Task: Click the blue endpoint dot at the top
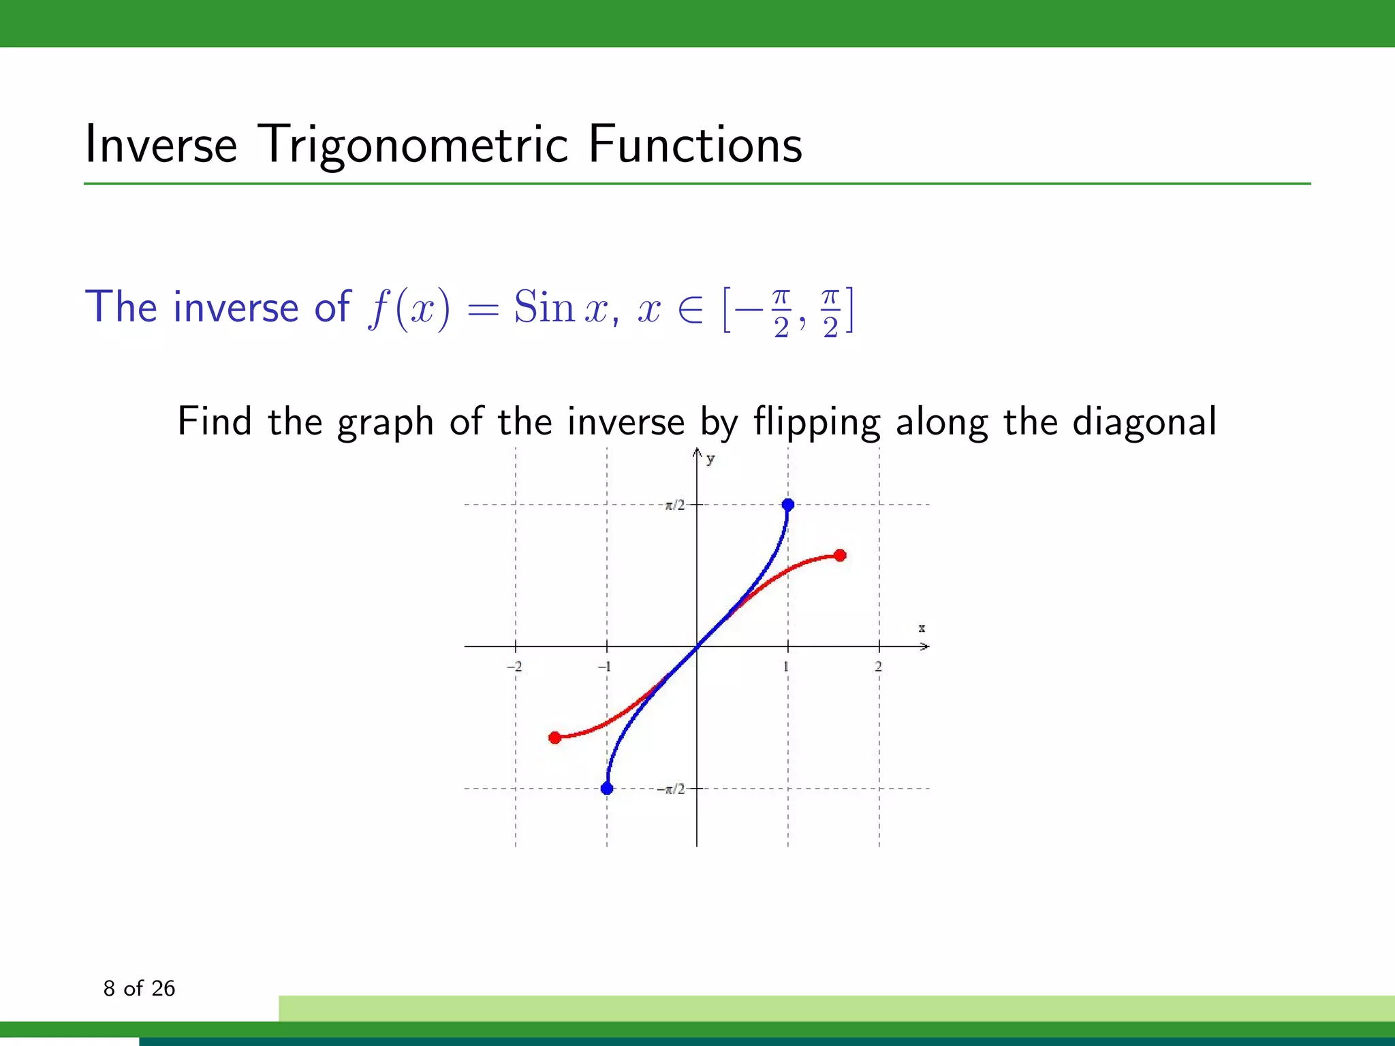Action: coord(788,505)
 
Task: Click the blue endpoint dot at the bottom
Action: coord(607,789)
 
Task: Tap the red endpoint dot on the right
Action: coord(840,556)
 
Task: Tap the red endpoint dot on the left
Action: coord(555,738)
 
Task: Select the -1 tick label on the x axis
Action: coord(604,667)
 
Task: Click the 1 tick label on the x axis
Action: coord(786,667)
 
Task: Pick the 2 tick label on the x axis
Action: coord(878,667)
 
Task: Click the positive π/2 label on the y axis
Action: coord(674,505)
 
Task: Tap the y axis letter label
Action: coord(710,459)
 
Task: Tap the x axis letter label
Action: coord(922,628)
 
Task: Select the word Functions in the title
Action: coord(695,145)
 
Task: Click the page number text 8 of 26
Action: coord(139,988)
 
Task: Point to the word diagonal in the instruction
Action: coord(1144,422)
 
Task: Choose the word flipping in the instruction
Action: coord(817,422)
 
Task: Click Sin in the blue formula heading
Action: coord(544,307)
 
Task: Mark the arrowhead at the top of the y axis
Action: coord(697,451)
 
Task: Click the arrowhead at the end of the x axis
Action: coord(924,646)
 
